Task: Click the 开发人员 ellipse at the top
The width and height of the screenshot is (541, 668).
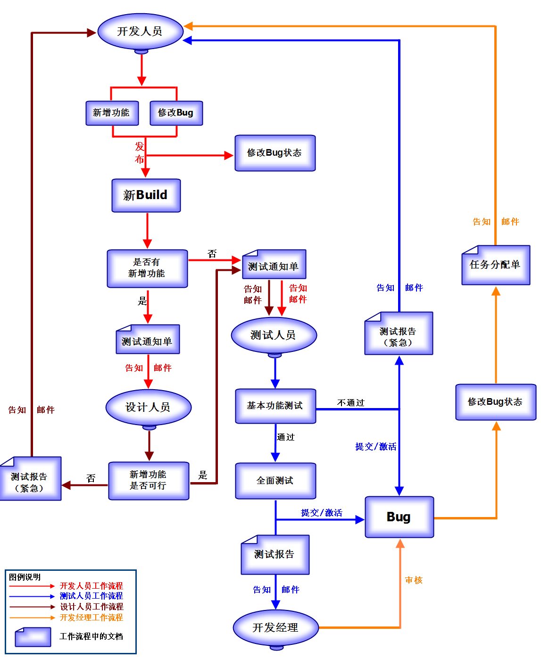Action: (x=140, y=32)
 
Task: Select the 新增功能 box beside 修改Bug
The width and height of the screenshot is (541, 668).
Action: (x=112, y=113)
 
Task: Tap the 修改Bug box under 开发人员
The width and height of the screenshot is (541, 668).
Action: (x=176, y=113)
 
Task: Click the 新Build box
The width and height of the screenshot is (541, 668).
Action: (x=146, y=195)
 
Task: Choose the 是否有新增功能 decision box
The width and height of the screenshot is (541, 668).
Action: (x=147, y=268)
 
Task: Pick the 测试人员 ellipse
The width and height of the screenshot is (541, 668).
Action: (x=274, y=335)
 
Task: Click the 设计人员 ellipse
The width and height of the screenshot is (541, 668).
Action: (x=148, y=407)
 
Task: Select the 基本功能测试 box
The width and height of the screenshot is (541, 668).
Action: (x=275, y=406)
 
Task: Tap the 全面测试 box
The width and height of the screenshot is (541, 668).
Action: (x=275, y=481)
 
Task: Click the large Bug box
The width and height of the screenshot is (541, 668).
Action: (x=399, y=517)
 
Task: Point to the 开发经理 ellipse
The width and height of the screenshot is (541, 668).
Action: (x=275, y=628)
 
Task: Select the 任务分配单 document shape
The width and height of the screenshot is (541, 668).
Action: (x=495, y=265)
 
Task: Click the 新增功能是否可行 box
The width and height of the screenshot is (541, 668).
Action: (x=149, y=480)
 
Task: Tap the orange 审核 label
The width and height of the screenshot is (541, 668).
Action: (x=414, y=580)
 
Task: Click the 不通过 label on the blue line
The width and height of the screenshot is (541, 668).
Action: (x=351, y=402)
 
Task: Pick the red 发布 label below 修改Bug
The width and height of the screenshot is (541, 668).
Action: (x=140, y=152)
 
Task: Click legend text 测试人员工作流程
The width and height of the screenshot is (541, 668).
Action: (x=92, y=596)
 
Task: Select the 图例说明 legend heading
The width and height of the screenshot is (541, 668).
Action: (x=25, y=577)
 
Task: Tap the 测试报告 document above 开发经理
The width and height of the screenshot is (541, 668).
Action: (x=275, y=555)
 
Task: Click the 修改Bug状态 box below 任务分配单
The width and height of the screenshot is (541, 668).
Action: (x=495, y=402)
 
